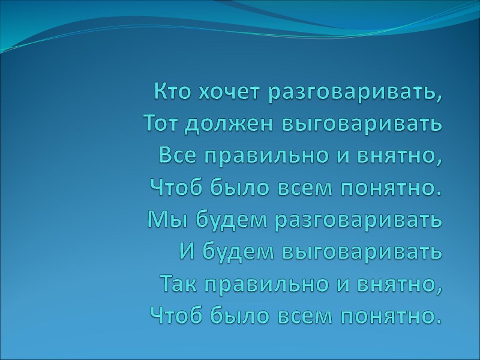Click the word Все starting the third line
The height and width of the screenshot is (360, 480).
pyautogui.click(x=177, y=155)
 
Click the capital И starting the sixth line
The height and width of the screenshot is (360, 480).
pyautogui.click(x=187, y=251)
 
